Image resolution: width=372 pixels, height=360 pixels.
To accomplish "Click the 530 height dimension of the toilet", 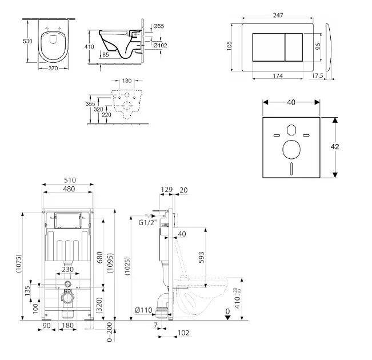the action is pos(27,41).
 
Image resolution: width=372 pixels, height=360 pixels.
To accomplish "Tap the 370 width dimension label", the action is pos(53,69).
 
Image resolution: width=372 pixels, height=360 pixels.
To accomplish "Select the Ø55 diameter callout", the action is pos(159,26).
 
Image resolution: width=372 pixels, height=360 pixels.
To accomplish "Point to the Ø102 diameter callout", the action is pos(160,45).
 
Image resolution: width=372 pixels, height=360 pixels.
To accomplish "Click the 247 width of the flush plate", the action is pos(278,15).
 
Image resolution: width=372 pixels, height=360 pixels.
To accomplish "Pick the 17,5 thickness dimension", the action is pos(317,75).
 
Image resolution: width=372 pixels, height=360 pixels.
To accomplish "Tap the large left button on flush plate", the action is pos(269,47).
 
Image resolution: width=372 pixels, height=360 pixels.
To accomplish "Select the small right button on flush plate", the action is pos(294,47).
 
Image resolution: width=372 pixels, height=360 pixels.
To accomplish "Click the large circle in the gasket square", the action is pos(291,150).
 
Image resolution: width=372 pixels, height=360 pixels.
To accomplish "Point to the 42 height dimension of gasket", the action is pos(335,147).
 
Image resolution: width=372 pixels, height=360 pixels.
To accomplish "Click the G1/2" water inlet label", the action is pos(148,223).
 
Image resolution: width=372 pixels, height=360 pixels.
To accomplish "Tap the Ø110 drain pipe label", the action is pos(143,310).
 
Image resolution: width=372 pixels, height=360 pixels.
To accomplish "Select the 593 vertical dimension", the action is pos(201,257).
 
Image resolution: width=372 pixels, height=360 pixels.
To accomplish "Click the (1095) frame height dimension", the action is pos(110,263).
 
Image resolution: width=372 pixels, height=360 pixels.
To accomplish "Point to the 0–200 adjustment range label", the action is pos(109,332).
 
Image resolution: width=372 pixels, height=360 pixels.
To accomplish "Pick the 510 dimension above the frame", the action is pos(70,181).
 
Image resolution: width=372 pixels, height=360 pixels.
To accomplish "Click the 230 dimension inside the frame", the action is pos(67,270).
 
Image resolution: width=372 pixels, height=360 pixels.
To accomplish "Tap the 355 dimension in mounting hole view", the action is pos(90,103).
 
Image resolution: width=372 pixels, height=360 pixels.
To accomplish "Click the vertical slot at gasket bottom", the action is pos(291,168).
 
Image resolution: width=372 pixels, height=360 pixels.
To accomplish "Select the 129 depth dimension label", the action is pos(166,190).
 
